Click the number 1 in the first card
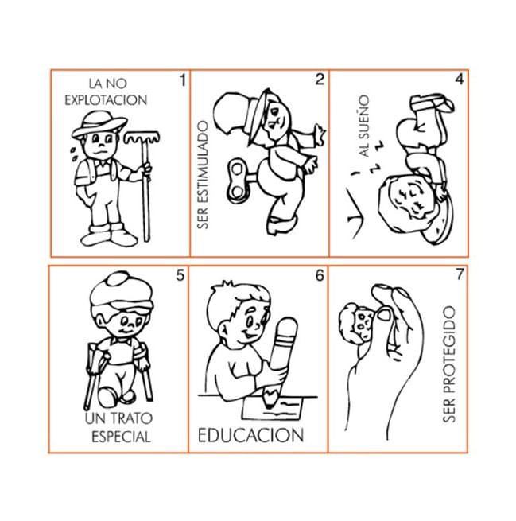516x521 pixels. (x=183, y=80)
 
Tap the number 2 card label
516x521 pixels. (x=320, y=80)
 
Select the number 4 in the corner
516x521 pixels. (x=460, y=79)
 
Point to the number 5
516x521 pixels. (x=180, y=275)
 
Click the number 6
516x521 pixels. (x=320, y=275)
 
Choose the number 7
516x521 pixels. (x=460, y=274)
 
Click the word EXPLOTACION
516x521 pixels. (x=106, y=100)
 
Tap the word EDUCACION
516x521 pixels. (x=250, y=435)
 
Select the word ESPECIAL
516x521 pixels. (x=121, y=437)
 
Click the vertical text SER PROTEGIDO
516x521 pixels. (x=449, y=364)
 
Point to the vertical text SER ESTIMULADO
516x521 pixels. (x=203, y=175)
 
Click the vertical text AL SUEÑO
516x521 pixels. (x=364, y=126)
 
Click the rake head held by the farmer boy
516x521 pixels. (x=142, y=137)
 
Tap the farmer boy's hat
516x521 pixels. (x=99, y=125)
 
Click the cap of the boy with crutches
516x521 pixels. (x=122, y=292)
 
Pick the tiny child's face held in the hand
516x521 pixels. (x=364, y=323)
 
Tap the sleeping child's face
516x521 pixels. (x=412, y=200)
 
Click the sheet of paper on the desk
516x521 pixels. (x=272, y=408)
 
